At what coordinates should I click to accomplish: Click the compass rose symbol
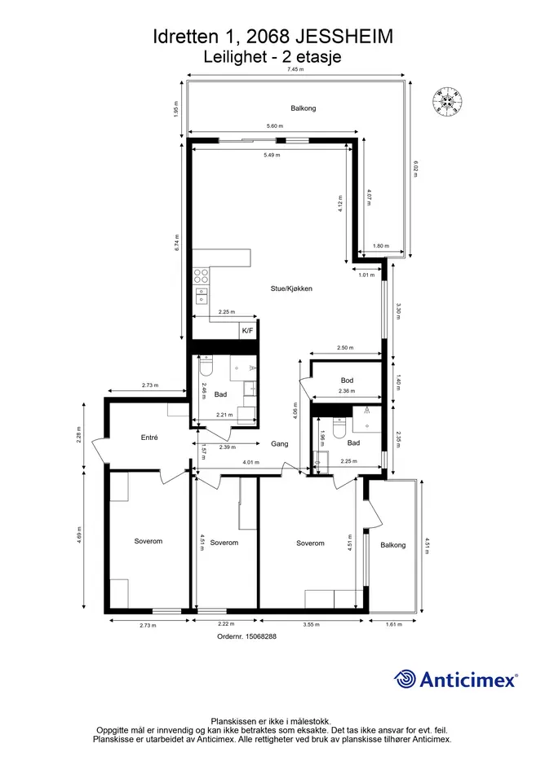coord(448,101)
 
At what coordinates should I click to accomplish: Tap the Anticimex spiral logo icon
coord(405,680)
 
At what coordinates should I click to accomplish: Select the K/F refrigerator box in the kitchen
coord(248,331)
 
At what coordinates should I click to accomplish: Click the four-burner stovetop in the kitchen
coord(201,275)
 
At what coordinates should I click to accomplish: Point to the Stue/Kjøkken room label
coord(291,288)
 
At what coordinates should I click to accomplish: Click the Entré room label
coord(149,437)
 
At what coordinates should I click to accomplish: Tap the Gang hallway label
coord(279,443)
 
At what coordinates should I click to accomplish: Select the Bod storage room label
coord(347,380)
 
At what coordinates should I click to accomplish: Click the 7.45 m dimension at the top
coord(295,69)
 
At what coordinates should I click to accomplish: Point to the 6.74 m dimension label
coord(176,242)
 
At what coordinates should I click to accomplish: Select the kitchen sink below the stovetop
coord(201,295)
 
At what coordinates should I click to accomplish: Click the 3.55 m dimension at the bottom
coord(312,625)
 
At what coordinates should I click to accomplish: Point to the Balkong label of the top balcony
coord(303,108)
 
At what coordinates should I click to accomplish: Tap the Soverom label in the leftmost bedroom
coord(148,541)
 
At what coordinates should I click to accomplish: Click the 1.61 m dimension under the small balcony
coord(393,625)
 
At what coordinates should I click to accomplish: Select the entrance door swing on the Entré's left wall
coord(99,449)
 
